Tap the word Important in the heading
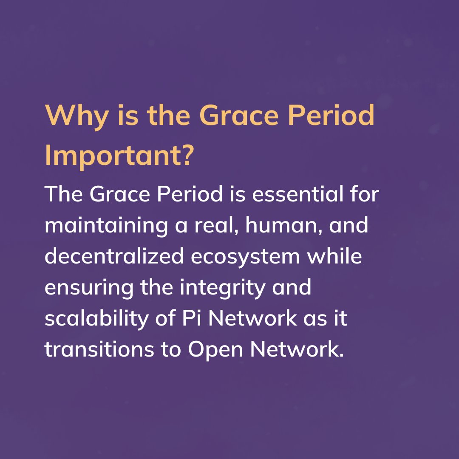point(110,156)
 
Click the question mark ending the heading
point(187,156)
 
